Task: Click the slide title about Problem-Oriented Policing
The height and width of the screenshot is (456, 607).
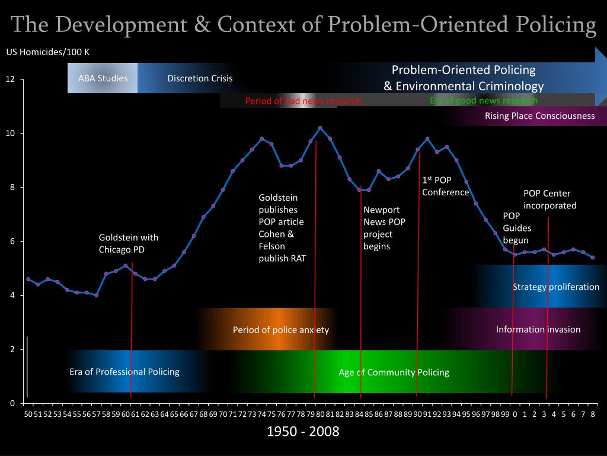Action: (303, 24)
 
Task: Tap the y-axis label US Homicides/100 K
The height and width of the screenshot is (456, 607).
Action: (48, 52)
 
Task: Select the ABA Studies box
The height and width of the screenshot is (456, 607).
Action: (103, 78)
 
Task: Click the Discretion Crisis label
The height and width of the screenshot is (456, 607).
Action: (200, 78)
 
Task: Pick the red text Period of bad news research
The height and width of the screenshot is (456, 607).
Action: (303, 100)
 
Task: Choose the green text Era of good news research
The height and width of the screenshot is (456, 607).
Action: (483, 100)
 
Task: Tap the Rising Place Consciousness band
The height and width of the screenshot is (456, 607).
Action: (539, 116)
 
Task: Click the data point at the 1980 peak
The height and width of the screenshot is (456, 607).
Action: (320, 128)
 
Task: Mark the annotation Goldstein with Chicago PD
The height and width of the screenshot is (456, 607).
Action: (129, 243)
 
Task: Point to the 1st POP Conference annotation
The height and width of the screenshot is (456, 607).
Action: (445, 186)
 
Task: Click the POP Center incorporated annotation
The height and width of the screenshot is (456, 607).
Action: (550, 199)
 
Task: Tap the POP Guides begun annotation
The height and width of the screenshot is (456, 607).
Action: (517, 228)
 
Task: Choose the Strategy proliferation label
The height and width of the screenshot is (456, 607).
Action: (555, 287)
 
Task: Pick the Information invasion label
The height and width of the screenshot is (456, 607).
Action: (538, 330)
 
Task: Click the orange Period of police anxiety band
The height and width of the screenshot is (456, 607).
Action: (280, 330)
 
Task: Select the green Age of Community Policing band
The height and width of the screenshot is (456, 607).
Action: (394, 372)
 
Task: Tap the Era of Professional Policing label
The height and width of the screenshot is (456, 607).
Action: (124, 372)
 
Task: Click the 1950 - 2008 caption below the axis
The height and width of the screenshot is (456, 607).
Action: (303, 431)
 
